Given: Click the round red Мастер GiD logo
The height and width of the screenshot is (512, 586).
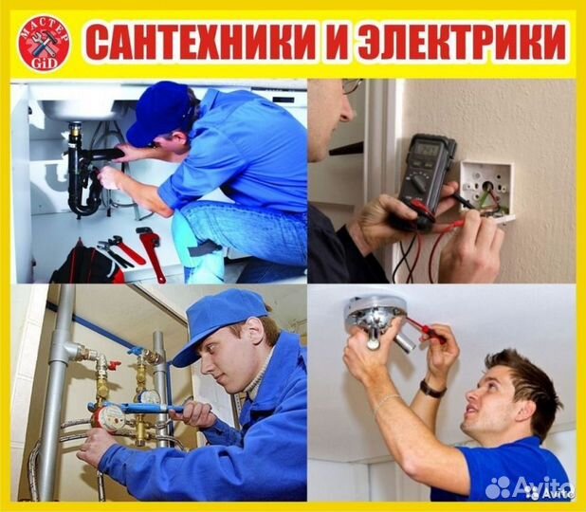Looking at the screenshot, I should (43, 43).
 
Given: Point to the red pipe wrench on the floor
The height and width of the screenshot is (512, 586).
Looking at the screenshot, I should (152, 253).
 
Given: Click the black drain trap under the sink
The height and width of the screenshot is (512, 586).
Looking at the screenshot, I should (82, 175).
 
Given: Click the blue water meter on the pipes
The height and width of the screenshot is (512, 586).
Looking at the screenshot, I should (108, 416).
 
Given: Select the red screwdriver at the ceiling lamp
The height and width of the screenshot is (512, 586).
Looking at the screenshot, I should (426, 330).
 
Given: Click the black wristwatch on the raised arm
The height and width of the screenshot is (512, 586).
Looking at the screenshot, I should (433, 388).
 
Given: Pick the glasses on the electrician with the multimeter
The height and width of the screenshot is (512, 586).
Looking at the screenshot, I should (352, 87).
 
